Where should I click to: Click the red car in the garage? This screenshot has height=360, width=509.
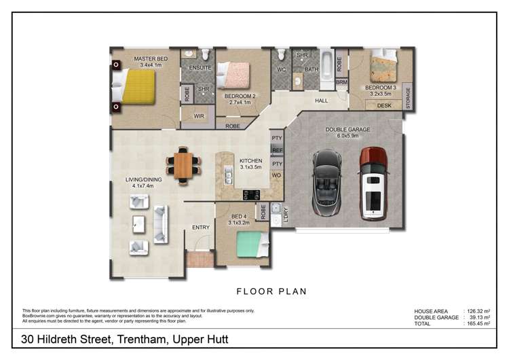click(x=373, y=183)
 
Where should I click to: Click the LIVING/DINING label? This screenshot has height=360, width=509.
click(x=138, y=180)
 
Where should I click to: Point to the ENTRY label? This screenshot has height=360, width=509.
click(x=200, y=228)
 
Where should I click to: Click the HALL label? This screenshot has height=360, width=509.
click(x=322, y=101)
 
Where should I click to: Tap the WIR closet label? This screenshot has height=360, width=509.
click(x=199, y=116)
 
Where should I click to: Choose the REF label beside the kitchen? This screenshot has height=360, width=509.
click(x=277, y=150)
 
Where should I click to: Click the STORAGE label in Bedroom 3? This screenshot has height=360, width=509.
click(x=407, y=97)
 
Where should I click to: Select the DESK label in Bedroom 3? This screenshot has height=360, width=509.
click(x=383, y=105)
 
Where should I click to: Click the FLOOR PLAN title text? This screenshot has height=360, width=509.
click(x=271, y=291)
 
